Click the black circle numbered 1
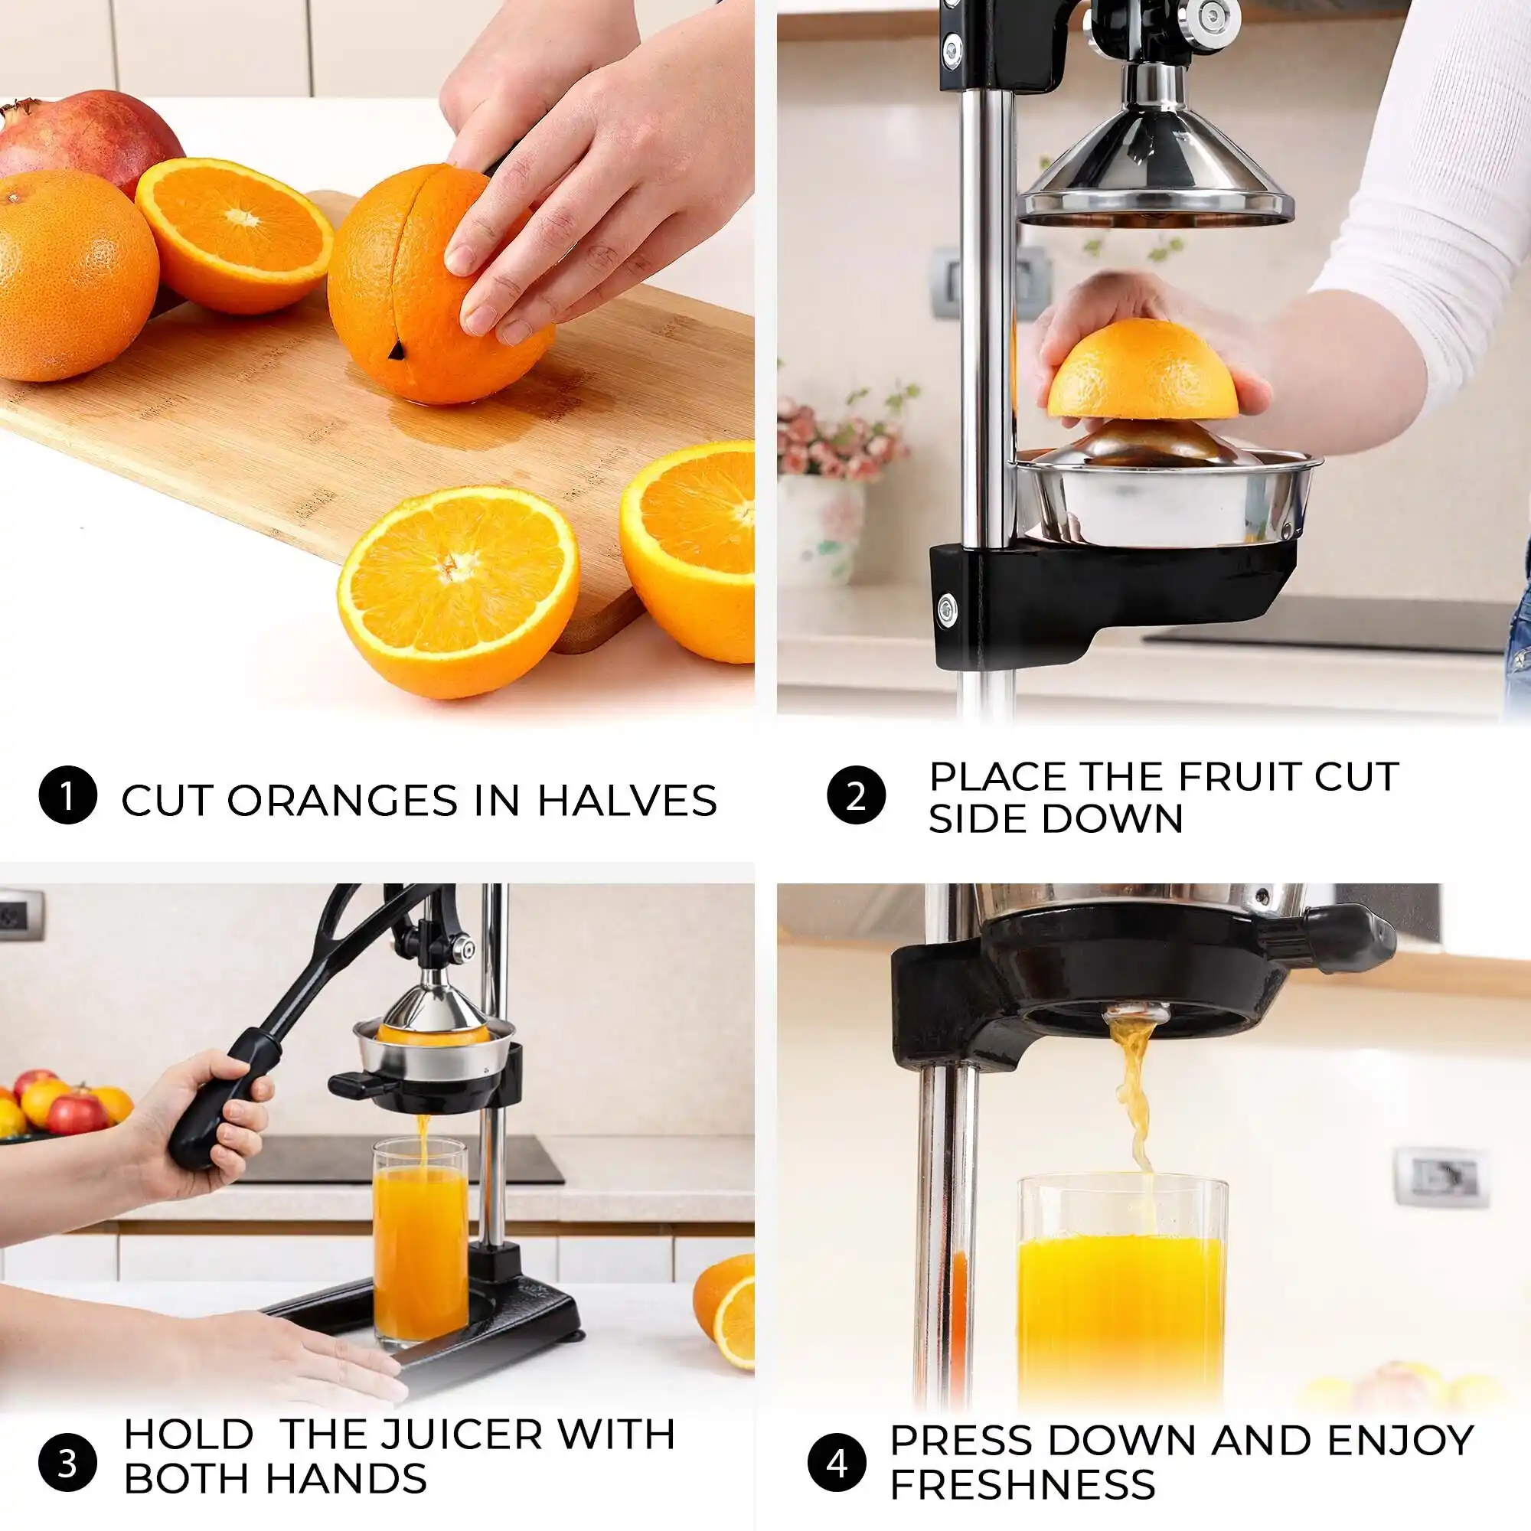tap(67, 795)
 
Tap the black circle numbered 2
tap(856, 795)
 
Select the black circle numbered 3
tap(67, 1463)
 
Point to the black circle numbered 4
tap(837, 1463)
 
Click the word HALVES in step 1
tap(627, 801)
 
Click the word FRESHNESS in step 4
tap(1022, 1484)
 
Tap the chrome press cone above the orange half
tap(1155, 151)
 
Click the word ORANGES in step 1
tap(342, 801)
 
